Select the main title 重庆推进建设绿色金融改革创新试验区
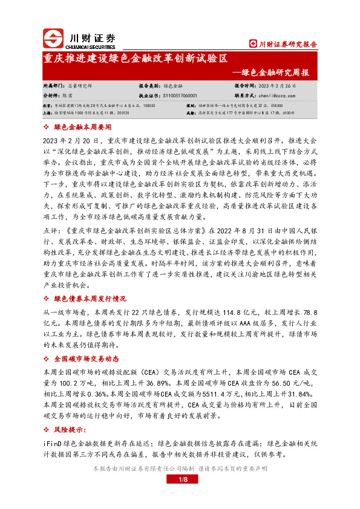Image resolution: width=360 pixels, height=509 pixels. [x=136, y=59]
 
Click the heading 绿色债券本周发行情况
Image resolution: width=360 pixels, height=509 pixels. [x=90, y=299]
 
